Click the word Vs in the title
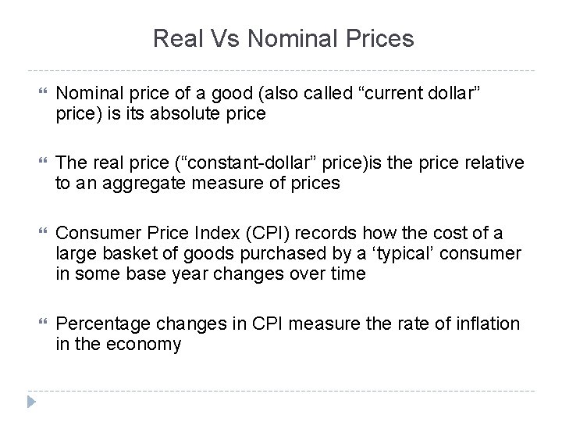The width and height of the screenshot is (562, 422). click(x=222, y=38)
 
